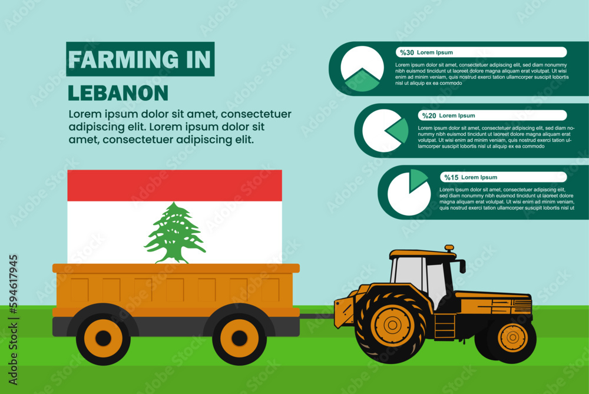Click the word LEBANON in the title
[x=118, y=93]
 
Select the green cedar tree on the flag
[x=175, y=233]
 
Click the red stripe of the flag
[x=175, y=186]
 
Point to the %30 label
[x=407, y=52]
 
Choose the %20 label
[x=429, y=115]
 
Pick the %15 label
[x=451, y=177]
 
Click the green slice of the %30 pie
[x=362, y=80]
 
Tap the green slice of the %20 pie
[x=398, y=131]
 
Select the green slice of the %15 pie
[x=417, y=179]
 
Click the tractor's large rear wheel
[x=391, y=325]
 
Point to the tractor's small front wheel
[x=512, y=338]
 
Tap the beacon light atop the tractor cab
[x=449, y=249]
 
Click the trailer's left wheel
[x=103, y=338]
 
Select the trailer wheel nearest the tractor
[x=239, y=338]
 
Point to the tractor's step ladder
[x=444, y=326]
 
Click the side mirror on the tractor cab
[x=462, y=266]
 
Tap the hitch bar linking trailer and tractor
[x=317, y=316]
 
